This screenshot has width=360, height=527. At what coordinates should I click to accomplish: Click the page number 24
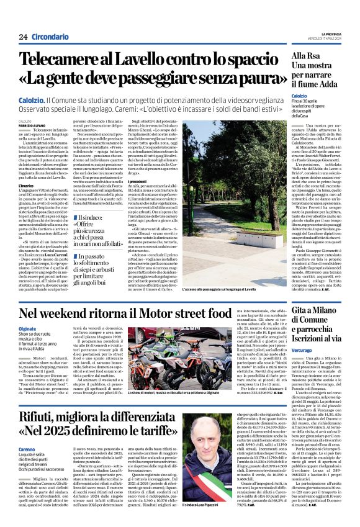point(23,37)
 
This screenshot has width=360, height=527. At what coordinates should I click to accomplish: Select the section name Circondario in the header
point(52,37)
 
